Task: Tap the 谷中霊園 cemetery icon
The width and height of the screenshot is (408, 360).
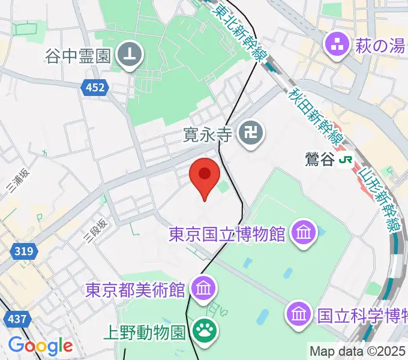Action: (130, 56)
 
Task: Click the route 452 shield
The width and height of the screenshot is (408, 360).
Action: (94, 88)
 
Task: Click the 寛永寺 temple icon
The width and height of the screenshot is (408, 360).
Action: (250, 133)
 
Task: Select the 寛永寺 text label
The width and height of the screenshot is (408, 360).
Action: (208, 133)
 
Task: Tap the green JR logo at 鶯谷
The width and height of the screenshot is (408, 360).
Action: (345, 160)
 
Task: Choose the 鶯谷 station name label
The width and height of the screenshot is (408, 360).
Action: (318, 160)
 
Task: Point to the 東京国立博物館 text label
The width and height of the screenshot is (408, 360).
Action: (227, 233)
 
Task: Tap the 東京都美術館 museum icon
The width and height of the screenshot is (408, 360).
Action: (203, 289)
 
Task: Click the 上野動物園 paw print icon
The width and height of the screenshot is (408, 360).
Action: (204, 329)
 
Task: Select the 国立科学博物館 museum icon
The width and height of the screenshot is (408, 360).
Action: (299, 313)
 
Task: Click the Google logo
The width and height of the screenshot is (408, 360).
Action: (40, 346)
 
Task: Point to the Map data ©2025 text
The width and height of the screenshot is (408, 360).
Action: (358, 351)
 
